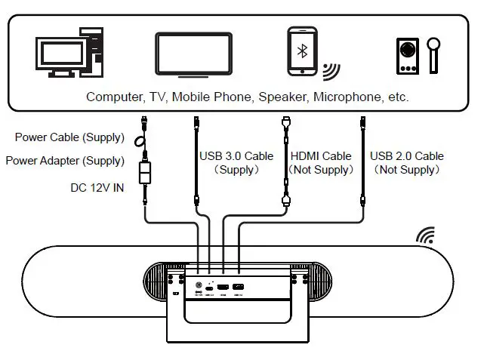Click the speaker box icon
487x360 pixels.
tap(407, 55)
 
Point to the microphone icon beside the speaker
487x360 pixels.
tap(434, 51)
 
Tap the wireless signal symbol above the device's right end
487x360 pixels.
tap(425, 236)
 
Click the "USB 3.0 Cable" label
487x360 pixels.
tap(236, 156)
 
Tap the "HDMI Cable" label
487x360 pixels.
tap(321, 156)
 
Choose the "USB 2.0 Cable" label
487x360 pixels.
tap(407, 156)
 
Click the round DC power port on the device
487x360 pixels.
tap(198, 288)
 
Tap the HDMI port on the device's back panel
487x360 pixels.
tap(223, 288)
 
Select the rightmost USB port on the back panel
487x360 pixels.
tap(239, 288)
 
